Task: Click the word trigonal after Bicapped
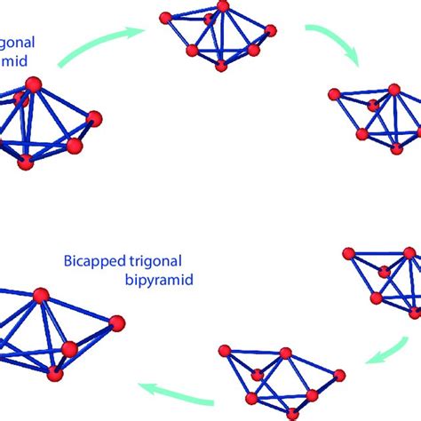[x=162, y=262]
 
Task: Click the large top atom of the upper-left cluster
[x=34, y=84]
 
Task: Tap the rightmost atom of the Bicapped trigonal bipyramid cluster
[x=116, y=322]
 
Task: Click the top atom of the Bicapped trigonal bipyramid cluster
[x=40, y=294]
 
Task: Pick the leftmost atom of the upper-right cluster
[x=334, y=94]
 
